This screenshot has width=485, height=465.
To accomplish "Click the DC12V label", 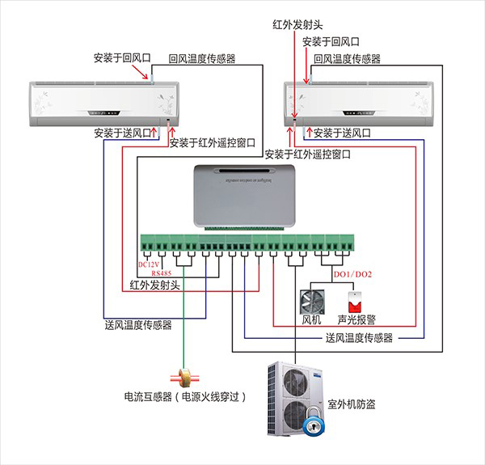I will (x=151, y=264).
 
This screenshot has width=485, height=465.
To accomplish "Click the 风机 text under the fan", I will (x=312, y=320).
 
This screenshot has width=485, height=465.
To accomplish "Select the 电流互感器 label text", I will (x=149, y=397).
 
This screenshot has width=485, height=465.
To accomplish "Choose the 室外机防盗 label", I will (x=351, y=404).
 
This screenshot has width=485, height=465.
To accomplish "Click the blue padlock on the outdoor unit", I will (x=312, y=424).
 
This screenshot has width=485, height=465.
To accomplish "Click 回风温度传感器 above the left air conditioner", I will (x=201, y=58).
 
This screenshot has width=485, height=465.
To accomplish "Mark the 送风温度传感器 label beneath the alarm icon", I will (x=359, y=338).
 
